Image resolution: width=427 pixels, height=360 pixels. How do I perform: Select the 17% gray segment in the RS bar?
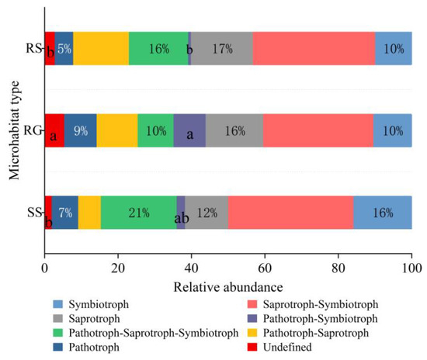[x=221, y=48]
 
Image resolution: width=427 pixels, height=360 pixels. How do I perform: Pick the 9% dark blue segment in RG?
[x=80, y=130]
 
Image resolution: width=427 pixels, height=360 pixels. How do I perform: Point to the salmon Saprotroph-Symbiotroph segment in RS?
[x=314, y=48]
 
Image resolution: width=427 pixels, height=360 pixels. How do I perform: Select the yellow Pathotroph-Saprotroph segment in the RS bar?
[x=101, y=48]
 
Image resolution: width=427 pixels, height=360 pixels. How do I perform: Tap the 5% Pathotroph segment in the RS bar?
[x=64, y=48]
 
